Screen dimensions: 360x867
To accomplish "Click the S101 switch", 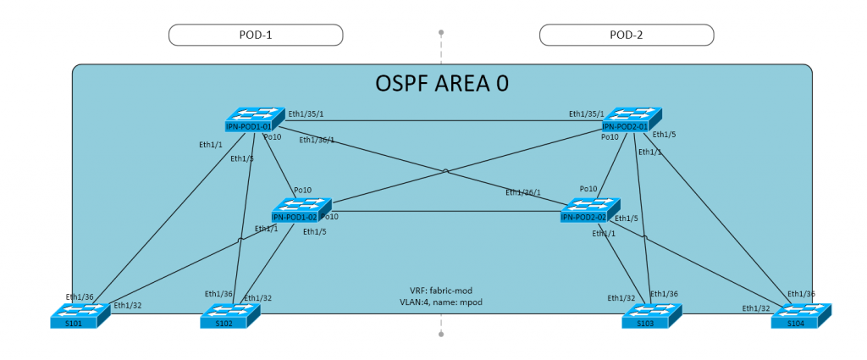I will click(x=80, y=316).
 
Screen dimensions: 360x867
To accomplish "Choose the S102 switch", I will click(x=229, y=316).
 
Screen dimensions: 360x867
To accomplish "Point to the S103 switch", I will click(x=651, y=316).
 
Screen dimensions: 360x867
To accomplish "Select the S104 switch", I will click(x=801, y=316).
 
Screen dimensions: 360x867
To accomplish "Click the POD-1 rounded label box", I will click(x=256, y=34).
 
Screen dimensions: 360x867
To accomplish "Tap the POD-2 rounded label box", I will click(x=627, y=34).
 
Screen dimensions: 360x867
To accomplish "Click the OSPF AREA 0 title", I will click(x=441, y=85).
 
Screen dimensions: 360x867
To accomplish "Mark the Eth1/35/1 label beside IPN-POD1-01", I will click(x=306, y=113).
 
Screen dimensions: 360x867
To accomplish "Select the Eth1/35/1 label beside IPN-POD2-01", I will click(x=586, y=113).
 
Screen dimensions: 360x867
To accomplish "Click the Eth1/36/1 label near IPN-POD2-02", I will click(x=523, y=192).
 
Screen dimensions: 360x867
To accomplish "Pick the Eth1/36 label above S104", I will click(x=800, y=294).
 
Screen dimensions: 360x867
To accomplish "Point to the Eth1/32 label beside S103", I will click(x=621, y=298).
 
